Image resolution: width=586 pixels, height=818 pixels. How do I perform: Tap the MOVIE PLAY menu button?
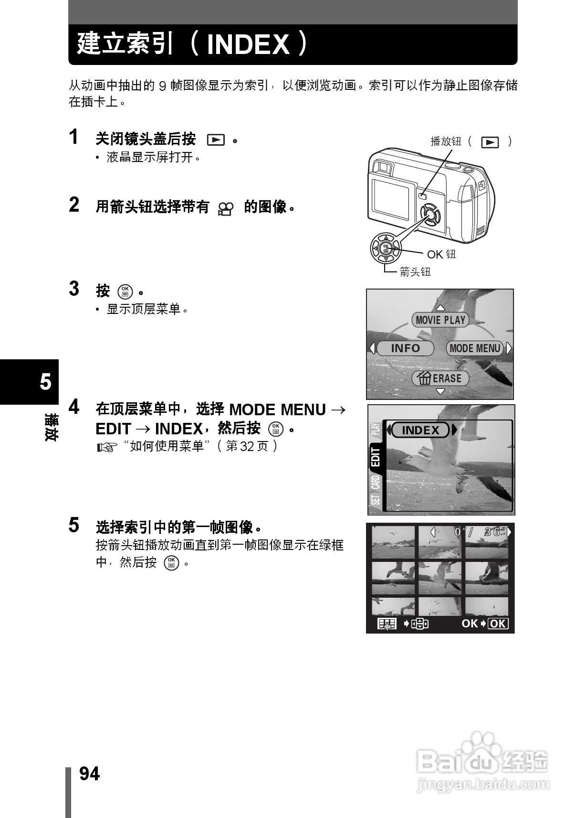[x=440, y=320]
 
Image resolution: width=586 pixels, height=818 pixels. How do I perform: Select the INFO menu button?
[x=405, y=348]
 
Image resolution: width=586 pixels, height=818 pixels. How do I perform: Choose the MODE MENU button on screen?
[x=475, y=348]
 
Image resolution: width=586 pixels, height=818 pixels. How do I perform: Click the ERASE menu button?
[x=440, y=378]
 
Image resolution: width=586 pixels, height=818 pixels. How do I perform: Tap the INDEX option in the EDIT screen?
[x=420, y=431]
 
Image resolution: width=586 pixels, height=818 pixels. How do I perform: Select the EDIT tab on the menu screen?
[x=376, y=457]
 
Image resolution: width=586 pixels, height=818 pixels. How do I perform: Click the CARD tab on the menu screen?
[x=376, y=482]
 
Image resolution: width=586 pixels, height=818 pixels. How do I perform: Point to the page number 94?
[x=89, y=774]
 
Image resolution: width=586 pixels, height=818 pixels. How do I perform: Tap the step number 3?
[x=74, y=289]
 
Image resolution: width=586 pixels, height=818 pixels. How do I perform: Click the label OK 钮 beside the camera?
[x=441, y=254]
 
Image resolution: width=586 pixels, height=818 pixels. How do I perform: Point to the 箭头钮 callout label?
[x=415, y=272]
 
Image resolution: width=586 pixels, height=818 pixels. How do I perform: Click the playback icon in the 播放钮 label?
[x=490, y=142]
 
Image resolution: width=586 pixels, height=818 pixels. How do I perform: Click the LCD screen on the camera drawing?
[x=391, y=196]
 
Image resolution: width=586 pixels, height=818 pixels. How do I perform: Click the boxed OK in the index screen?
[x=498, y=624]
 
